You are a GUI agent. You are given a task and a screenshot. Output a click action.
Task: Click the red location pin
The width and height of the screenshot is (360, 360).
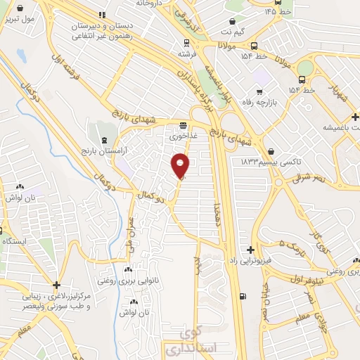[181, 166]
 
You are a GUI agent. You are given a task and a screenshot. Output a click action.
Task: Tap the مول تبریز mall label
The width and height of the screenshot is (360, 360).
[38, 19]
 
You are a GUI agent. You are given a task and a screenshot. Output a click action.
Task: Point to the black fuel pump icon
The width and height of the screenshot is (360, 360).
[243, 296]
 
